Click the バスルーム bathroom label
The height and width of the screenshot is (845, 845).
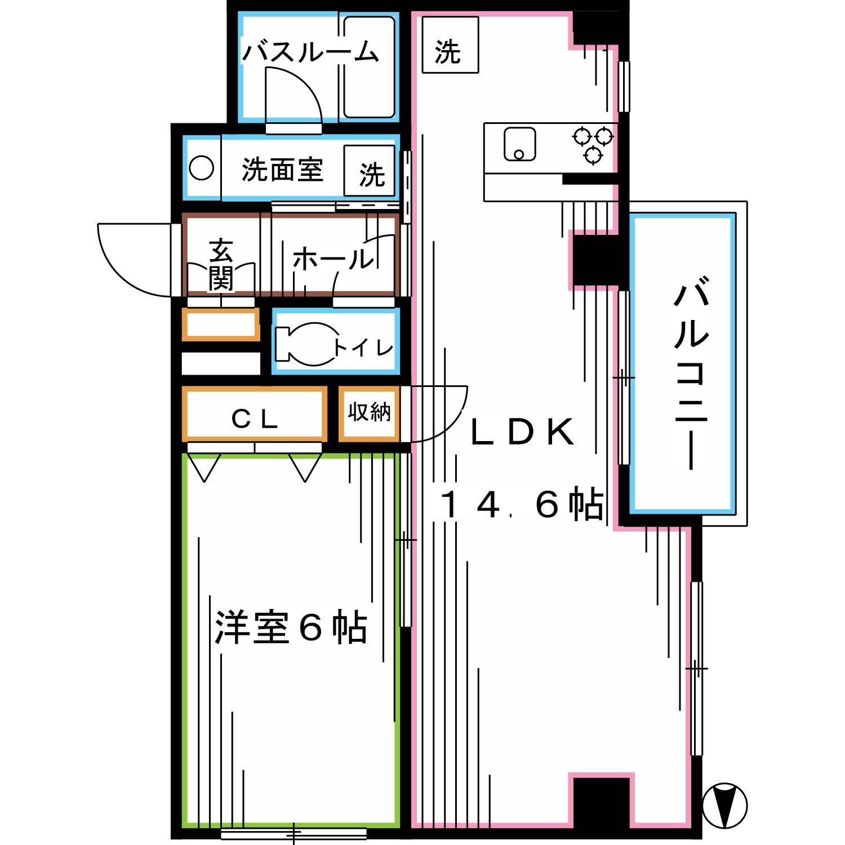[310, 52]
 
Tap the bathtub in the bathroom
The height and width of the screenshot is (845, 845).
[369, 68]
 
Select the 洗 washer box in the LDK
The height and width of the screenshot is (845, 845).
[450, 45]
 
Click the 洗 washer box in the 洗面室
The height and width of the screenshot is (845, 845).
[370, 171]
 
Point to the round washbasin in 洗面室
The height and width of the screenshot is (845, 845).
[201, 168]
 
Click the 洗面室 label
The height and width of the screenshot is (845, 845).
[282, 170]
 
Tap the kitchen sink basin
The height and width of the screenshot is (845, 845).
[519, 144]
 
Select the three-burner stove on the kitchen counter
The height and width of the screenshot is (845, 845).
[593, 144]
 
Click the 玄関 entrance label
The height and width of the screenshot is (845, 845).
[221, 265]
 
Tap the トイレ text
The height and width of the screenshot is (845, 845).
[363, 347]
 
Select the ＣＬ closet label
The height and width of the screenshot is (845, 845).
[255, 419]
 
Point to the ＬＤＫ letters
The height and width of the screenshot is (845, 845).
[522, 432]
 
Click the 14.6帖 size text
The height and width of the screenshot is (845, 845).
[521, 504]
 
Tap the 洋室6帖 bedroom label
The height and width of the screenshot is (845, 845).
[291, 627]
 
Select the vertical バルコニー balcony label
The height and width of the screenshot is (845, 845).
[691, 372]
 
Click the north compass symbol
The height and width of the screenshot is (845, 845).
[724, 805]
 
